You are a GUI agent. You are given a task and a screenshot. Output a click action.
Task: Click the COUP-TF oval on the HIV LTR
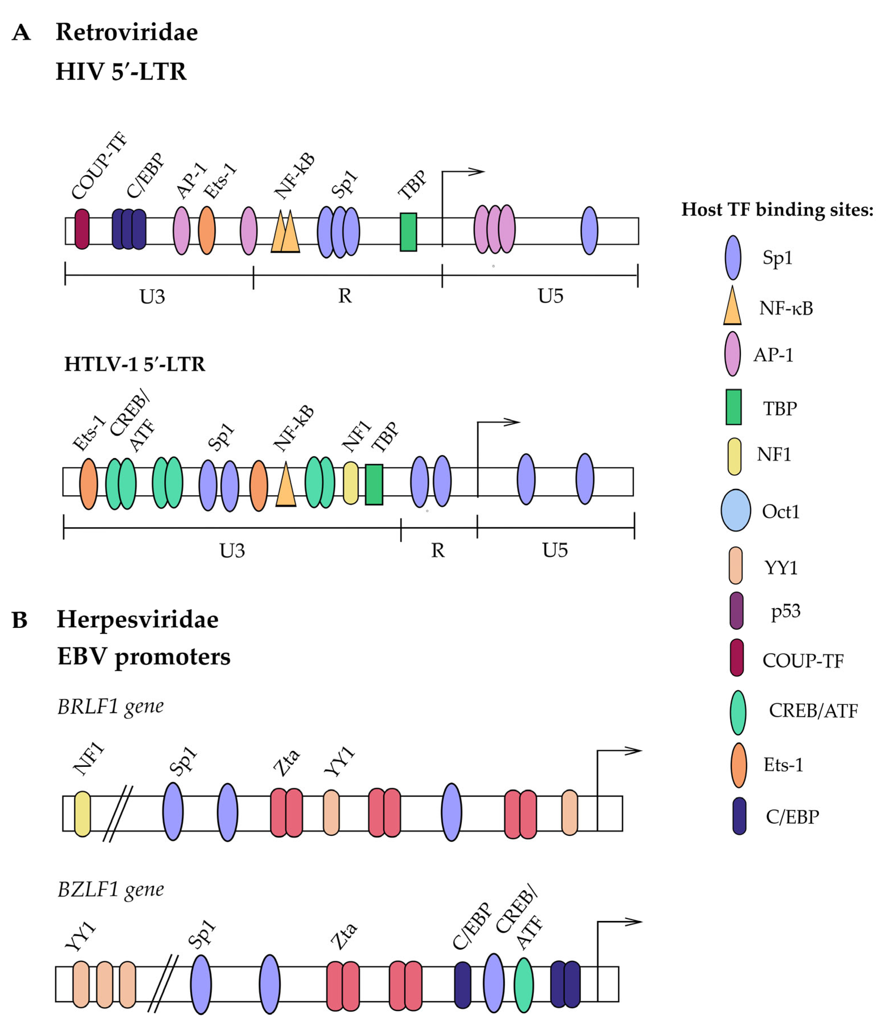click(82, 229)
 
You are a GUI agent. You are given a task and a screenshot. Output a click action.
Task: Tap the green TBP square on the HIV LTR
click(408, 232)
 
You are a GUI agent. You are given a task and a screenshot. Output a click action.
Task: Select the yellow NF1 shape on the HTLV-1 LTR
click(351, 483)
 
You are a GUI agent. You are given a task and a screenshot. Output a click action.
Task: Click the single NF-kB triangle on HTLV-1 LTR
click(286, 485)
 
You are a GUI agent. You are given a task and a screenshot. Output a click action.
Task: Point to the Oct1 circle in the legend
click(736, 510)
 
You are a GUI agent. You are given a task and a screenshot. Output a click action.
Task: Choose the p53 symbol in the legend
click(736, 610)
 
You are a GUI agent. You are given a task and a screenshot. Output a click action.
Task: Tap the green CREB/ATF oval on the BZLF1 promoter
click(523, 985)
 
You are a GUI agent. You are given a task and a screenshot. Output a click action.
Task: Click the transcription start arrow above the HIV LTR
click(463, 172)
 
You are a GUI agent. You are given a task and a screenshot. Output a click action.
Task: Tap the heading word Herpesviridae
click(137, 620)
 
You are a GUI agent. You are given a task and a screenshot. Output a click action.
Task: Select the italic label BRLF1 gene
click(111, 706)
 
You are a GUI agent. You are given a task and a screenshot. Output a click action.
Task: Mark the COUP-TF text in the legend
click(802, 661)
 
